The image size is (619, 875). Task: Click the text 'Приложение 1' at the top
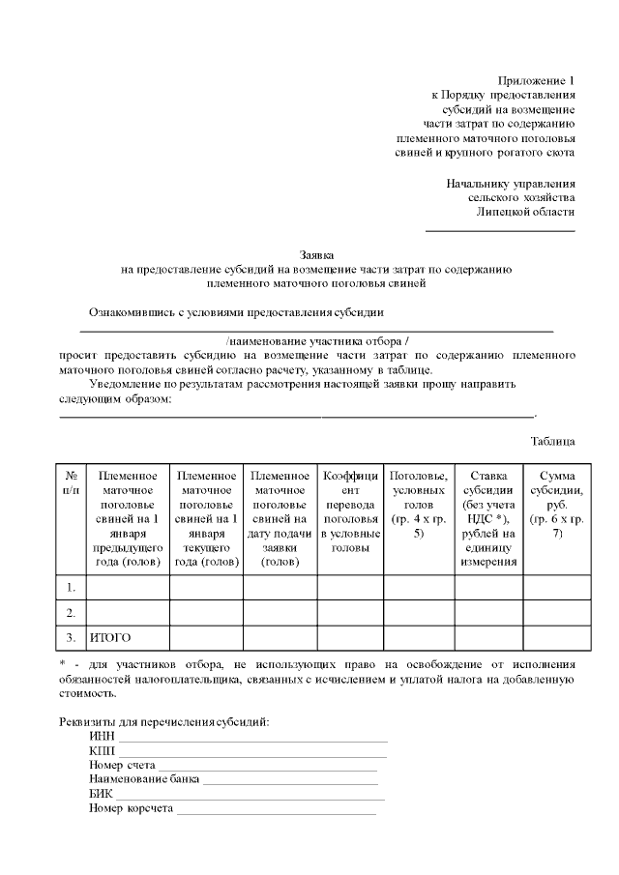[536, 80]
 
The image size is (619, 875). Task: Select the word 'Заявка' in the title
[317, 254]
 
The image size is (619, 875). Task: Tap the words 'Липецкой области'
[526, 212]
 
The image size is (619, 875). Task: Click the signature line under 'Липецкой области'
[500, 230]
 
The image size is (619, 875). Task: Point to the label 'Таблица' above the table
[553, 441]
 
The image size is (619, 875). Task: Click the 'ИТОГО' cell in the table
[109, 637]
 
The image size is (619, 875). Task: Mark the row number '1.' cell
[72, 587]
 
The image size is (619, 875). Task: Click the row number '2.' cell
[72, 613]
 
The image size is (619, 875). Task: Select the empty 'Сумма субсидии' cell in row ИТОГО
[556, 637]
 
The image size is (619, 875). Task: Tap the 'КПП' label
[101, 751]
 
